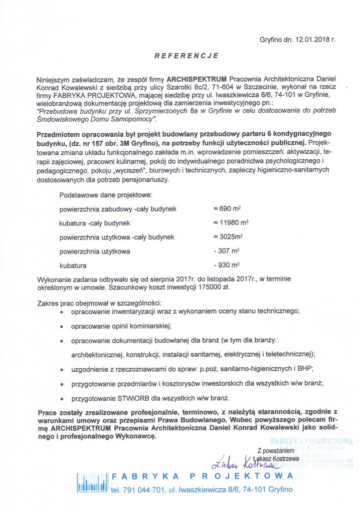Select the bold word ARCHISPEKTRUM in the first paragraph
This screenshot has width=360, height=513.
tap(197, 79)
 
